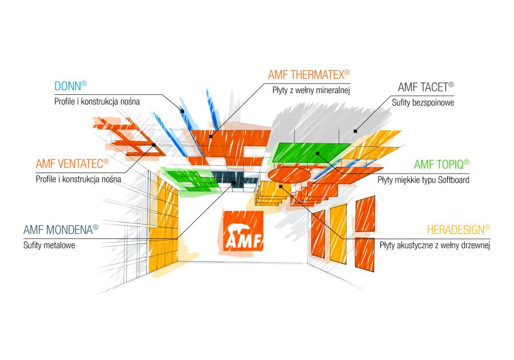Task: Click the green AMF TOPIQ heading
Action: coord(438,165)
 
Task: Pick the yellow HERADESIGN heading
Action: coord(455,230)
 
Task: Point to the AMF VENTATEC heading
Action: coord(69,164)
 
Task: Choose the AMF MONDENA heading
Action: coord(57,230)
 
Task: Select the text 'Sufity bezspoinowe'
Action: coord(423,103)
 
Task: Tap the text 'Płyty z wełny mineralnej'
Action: coord(310,90)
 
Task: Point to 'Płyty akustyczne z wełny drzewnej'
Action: coord(435,245)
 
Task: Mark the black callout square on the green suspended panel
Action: coord(316,153)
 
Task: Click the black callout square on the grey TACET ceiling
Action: coord(356,131)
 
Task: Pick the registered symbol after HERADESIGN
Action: coord(487,227)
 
